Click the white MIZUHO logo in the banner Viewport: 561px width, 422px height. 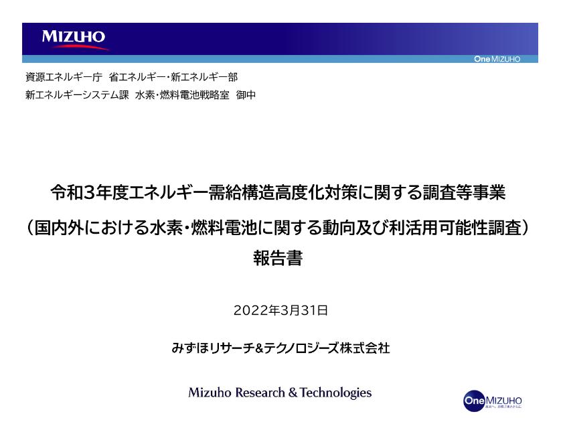(74, 38)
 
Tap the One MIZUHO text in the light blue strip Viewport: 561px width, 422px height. (497, 60)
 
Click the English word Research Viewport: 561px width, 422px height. (260, 393)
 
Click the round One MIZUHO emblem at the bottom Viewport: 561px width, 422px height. (473, 400)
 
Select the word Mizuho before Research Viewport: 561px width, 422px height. (210, 393)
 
